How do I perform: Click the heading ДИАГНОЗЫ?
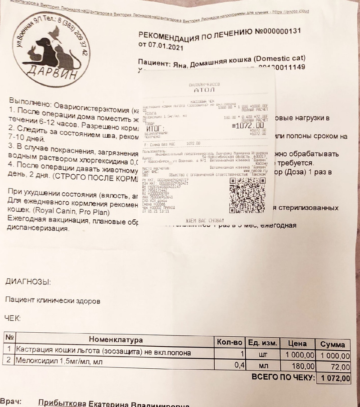tap(28, 282)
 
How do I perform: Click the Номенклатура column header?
tap(116, 339)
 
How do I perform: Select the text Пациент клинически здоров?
tap(53, 299)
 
